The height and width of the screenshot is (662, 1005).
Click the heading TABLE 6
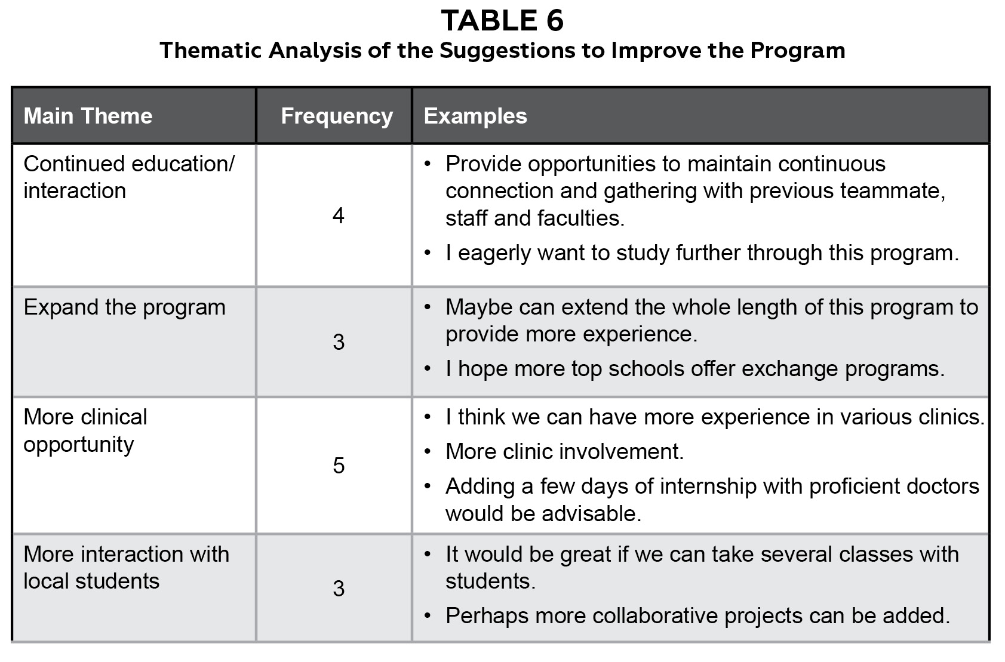pyautogui.click(x=502, y=21)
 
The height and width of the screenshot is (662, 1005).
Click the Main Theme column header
pyautogui.click(x=88, y=116)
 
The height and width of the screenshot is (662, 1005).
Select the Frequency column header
pyautogui.click(x=337, y=116)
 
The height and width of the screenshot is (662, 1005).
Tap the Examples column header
pyautogui.click(x=475, y=116)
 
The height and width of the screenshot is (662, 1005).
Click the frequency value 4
pyautogui.click(x=338, y=215)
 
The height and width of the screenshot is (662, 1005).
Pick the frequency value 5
pyautogui.click(x=339, y=465)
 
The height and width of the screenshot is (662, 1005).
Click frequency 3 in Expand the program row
pyautogui.click(x=339, y=342)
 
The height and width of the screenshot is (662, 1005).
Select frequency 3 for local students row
pyautogui.click(x=339, y=589)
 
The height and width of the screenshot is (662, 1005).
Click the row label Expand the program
pyautogui.click(x=124, y=307)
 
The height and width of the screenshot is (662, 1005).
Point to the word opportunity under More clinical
pyautogui.click(x=78, y=445)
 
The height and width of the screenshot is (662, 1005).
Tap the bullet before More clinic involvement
pyautogui.click(x=428, y=452)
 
